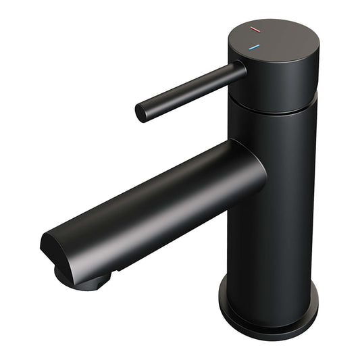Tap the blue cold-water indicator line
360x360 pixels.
pos(254,48)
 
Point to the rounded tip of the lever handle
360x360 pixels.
pos(142,113)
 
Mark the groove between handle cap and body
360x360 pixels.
pos(270,108)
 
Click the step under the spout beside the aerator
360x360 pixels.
pos(118,270)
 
